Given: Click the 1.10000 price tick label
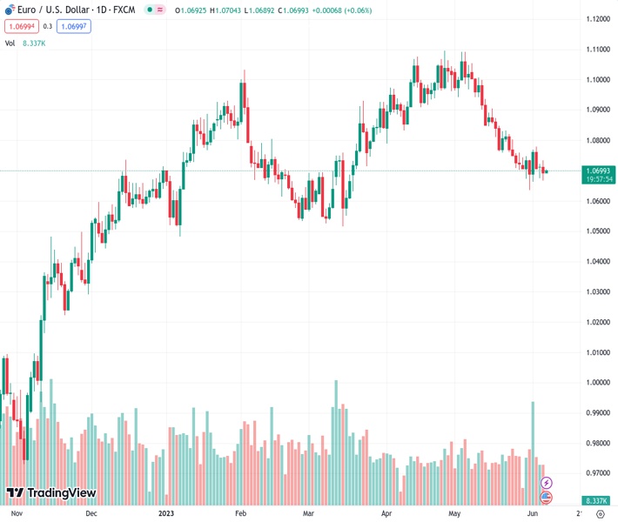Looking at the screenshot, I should pos(597,80).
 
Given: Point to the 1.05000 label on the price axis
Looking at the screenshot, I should pos(597,231).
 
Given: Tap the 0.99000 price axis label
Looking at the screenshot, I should pos(597,413).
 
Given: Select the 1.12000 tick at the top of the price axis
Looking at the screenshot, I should pos(597,19).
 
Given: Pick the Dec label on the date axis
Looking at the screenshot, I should pos(91,513).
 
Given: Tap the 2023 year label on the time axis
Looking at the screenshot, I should pos(166,513).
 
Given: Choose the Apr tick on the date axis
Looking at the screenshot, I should pos(387,513).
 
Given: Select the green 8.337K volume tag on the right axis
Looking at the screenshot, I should pos(597,501).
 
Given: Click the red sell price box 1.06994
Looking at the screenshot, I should pos(20,27).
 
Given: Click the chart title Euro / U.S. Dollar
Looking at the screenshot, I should pos(54,10).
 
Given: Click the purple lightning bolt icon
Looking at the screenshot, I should pos(547,482).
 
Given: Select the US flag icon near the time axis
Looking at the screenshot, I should pos(547,498).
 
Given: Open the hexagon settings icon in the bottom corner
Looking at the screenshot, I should pos(600,513).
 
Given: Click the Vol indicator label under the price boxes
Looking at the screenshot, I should pos(10,43).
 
